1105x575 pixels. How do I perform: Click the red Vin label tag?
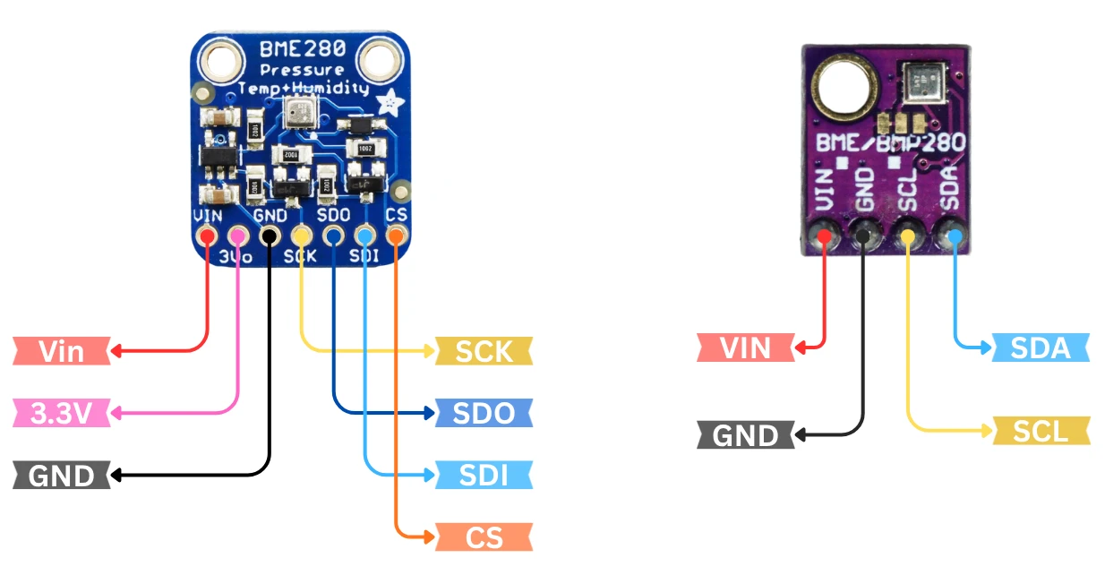pyautogui.click(x=62, y=350)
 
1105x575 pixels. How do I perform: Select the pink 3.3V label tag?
pyautogui.click(x=62, y=413)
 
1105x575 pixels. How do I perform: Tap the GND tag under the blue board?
pyautogui.click(x=62, y=475)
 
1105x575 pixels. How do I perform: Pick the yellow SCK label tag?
pyautogui.click(x=484, y=350)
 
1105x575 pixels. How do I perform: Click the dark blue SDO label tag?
pyautogui.click(x=484, y=413)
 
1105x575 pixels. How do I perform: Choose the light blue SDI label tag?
pyautogui.click(x=484, y=475)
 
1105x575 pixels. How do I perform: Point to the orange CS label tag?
pyautogui.click(x=484, y=537)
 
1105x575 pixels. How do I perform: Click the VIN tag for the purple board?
pyautogui.click(x=746, y=347)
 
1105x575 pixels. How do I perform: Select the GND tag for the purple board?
pyautogui.click(x=746, y=435)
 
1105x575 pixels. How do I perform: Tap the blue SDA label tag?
pyautogui.click(x=1041, y=347)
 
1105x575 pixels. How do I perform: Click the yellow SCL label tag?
pyautogui.click(x=1041, y=432)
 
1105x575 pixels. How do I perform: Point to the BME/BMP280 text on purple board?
pyautogui.click(x=890, y=143)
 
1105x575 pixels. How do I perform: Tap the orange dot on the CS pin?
pyautogui.click(x=395, y=236)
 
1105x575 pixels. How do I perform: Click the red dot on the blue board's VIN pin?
pyautogui.click(x=208, y=236)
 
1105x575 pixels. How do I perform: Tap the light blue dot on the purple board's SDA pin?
pyautogui.click(x=955, y=236)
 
